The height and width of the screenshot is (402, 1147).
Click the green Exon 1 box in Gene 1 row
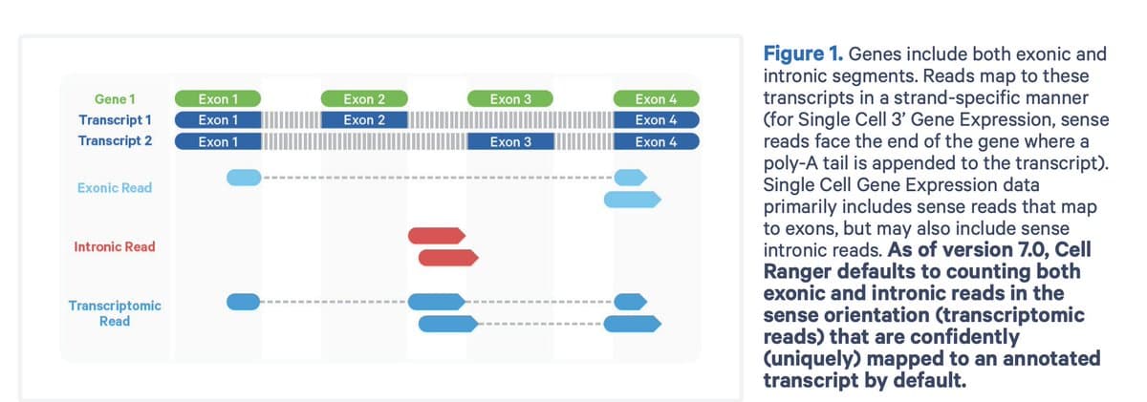(218, 98)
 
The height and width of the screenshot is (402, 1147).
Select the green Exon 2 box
(364, 98)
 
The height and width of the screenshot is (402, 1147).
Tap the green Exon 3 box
(510, 98)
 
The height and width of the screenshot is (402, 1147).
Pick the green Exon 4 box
(656, 98)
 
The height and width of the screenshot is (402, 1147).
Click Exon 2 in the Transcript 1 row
(364, 120)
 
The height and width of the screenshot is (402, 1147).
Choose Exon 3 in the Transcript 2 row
(510, 142)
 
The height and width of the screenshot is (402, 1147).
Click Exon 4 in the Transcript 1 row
(656, 120)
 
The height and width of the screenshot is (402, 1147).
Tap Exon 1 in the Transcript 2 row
(218, 142)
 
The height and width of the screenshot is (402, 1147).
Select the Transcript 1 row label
(116, 120)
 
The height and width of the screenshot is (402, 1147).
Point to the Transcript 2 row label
(116, 142)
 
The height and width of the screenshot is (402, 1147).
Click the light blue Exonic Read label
(115, 188)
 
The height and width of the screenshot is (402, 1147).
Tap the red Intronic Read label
(115, 246)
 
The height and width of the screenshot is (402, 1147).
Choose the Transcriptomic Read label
(115, 313)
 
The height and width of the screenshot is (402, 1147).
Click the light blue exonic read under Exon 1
(243, 178)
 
